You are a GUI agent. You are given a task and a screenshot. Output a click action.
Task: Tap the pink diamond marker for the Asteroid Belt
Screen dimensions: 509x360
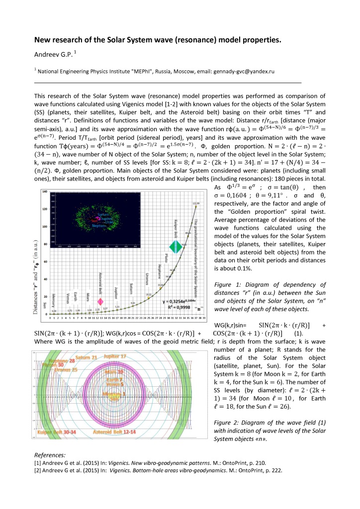[x=100, y=302]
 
